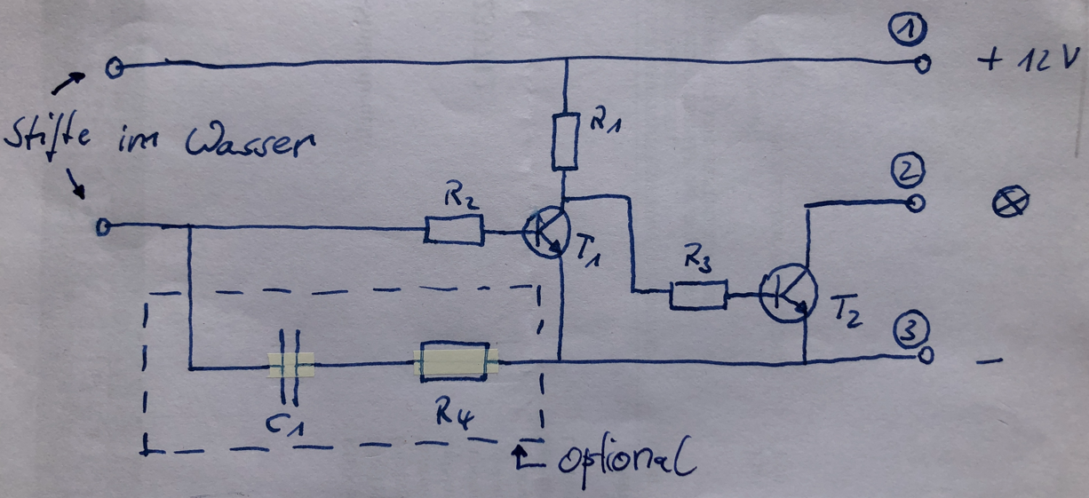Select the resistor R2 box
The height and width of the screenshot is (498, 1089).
pos(454,230)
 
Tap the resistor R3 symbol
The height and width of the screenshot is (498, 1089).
pos(699,295)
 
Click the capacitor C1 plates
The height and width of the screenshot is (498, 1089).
pos(290,367)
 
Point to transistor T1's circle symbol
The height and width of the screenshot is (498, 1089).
pos(523,233)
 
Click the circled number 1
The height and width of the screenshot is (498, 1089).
pos(907,28)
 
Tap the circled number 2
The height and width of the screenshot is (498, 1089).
pos(907,170)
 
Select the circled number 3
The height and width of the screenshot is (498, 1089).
pos(911,329)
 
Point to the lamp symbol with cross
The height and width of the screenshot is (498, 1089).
pos(1010,202)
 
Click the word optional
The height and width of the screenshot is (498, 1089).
pos(626,460)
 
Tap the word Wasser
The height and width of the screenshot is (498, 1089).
pos(250,142)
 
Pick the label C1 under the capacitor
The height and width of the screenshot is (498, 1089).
pos(285,426)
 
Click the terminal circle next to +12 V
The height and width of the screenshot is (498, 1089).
pos(923,64)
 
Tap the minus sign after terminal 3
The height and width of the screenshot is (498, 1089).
pos(989,361)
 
